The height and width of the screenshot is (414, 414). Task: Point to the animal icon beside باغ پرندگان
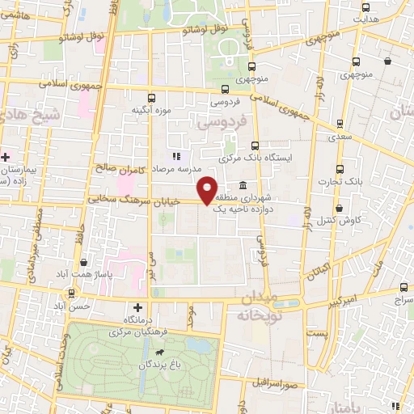point(162,353)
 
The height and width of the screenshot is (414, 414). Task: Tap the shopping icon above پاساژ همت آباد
point(85,263)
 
